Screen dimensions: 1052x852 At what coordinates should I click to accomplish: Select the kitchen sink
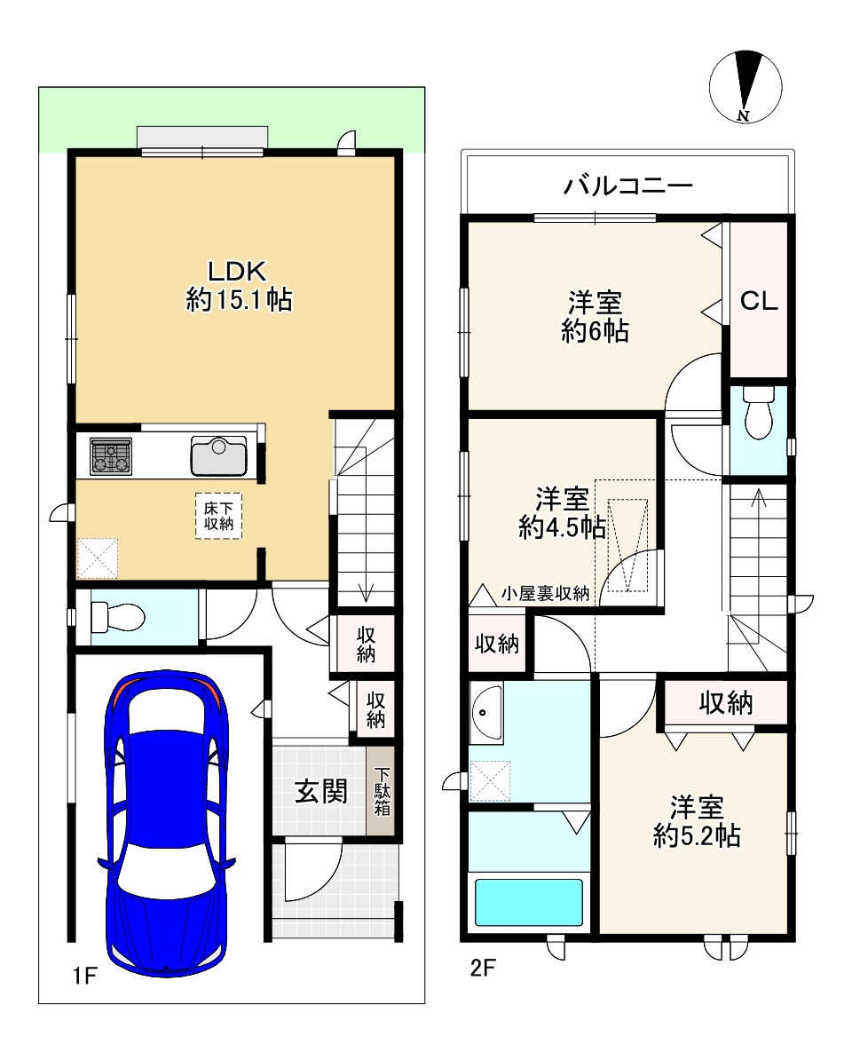pos(218,456)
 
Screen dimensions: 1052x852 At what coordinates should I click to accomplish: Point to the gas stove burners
pos(110,457)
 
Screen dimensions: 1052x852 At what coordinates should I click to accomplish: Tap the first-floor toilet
pos(113,615)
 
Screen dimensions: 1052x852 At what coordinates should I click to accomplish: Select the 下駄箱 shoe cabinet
pos(382,792)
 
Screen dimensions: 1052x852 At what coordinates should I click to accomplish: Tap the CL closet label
pos(759,301)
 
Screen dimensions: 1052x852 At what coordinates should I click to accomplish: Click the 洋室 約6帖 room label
pos(595,316)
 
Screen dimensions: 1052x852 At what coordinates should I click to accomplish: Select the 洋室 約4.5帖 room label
pos(563,513)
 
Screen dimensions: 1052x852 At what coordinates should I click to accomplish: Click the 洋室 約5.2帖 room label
pos(697,821)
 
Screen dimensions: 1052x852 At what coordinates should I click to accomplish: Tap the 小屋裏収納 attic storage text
pos(545,594)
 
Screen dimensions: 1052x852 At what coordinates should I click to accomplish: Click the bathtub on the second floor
pos(529,903)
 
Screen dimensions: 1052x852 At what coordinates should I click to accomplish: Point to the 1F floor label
pos(83,977)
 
